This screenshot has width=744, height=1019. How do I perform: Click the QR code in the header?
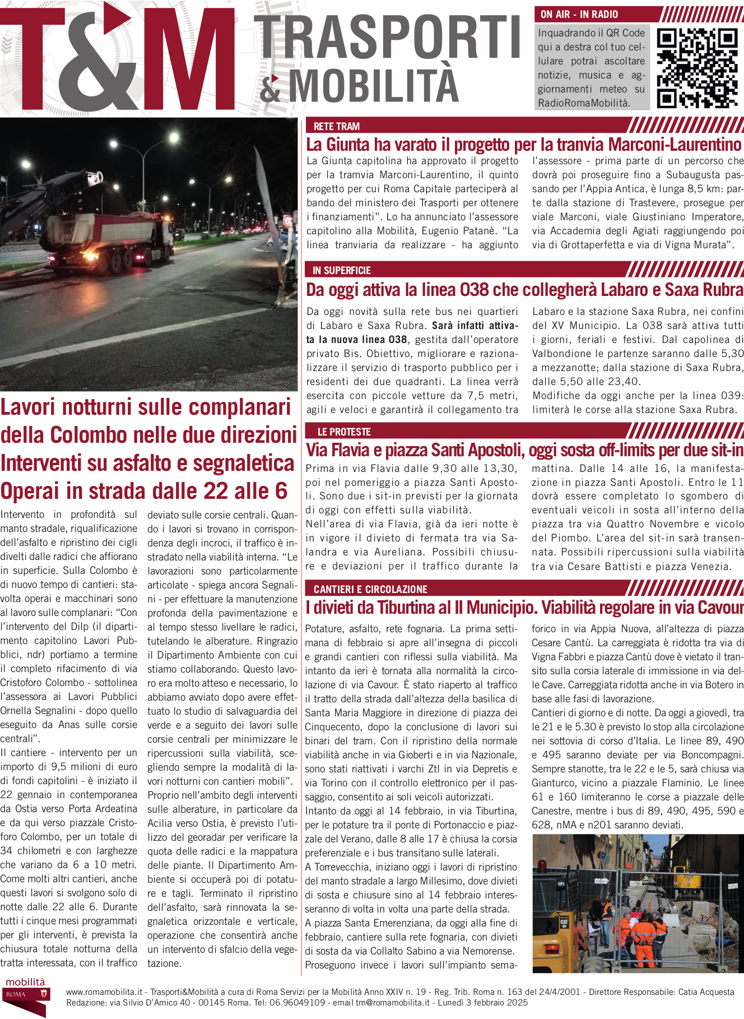pos(697,67)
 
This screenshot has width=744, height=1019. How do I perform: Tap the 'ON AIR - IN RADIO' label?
pos(579,15)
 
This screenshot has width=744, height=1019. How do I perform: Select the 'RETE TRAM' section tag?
pos(336,126)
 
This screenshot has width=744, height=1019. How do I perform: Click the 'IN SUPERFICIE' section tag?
pos(342,270)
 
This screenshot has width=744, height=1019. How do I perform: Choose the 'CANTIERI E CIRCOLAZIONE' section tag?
pos(370,589)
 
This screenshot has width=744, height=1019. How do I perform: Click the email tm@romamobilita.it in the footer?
pos(393,1003)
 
